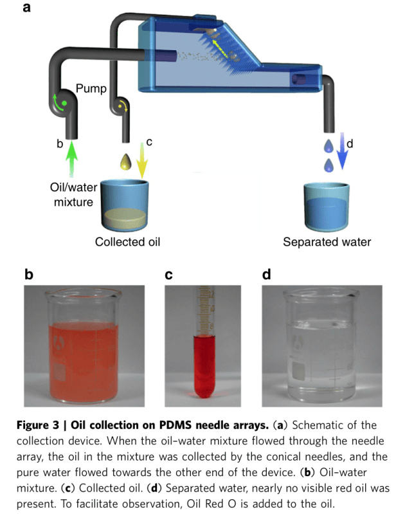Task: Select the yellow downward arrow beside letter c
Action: click(143, 160)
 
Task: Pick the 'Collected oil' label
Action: click(127, 242)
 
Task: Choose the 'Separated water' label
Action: click(327, 242)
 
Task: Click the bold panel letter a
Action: click(28, 8)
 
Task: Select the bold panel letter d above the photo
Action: click(267, 275)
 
